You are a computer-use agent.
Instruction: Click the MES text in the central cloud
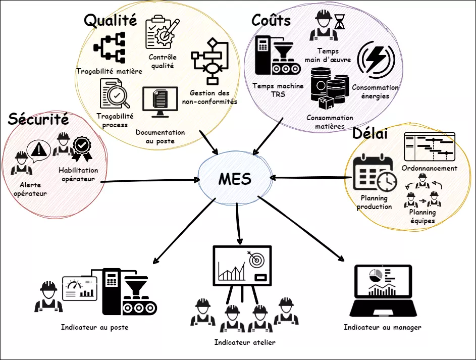point(235,178)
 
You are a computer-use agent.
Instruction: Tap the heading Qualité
point(110,20)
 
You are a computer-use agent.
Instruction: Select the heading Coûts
point(271,20)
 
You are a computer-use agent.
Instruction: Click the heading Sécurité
point(38,120)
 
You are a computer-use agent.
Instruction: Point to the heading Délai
point(370,134)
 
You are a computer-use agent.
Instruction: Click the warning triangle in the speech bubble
point(38,149)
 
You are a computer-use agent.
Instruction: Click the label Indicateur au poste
point(94,327)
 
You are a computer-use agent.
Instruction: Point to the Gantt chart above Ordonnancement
point(430,147)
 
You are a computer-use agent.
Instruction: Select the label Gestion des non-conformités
point(209,97)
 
